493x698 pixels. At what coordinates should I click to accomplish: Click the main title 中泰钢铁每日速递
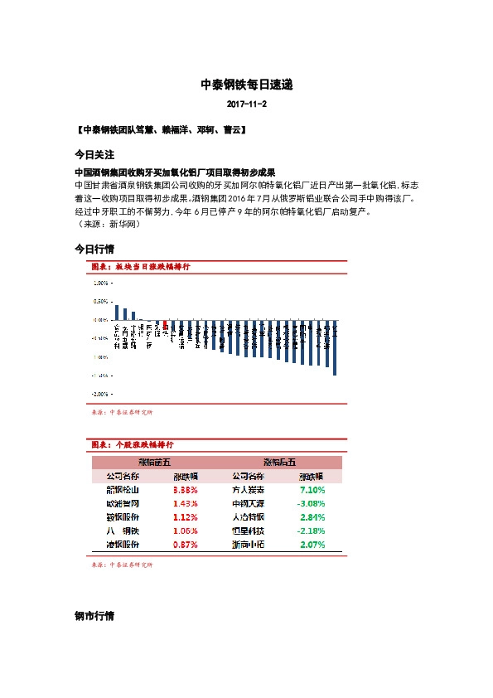coord(246,85)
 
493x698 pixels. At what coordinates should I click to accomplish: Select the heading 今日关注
coord(94,155)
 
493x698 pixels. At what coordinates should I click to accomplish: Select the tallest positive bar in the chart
coord(117,312)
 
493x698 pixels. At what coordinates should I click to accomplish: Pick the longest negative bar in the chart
coord(335,347)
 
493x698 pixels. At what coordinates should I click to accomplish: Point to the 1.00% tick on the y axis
coord(101,282)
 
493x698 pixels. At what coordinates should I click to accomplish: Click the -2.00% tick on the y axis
coord(99,395)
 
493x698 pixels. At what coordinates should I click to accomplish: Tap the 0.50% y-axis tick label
coord(101,301)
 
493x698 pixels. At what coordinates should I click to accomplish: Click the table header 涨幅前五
coord(153,463)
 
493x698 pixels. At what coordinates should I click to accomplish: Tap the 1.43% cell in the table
coord(186,503)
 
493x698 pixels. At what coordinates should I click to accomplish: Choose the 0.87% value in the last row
coord(186,545)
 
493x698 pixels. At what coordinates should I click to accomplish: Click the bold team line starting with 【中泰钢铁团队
coord(159,131)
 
